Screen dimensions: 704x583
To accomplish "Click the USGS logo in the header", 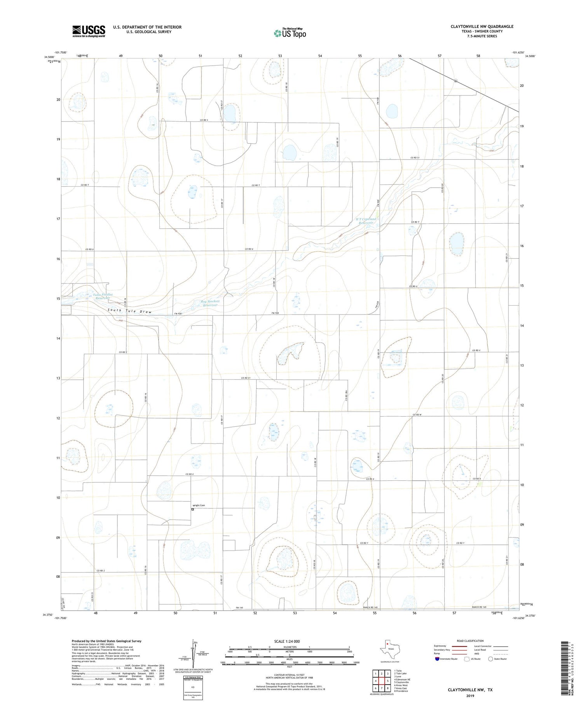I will pos(89,31).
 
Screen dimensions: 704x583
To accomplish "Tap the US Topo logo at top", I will pos(290,33).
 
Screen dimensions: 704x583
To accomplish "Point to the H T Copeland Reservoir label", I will pos(366,221).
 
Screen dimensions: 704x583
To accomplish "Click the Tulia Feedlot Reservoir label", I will pos(103,296).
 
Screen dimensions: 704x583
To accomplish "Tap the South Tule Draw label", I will pos(129,311).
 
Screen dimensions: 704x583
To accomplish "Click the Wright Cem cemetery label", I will pos(198,505).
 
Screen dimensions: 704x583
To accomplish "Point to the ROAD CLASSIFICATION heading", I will pos(470,641).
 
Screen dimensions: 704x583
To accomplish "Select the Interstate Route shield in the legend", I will pos(438,659).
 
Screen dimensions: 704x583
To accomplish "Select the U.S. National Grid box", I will pos(193,688).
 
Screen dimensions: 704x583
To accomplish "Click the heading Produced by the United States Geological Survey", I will pos(106,641).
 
